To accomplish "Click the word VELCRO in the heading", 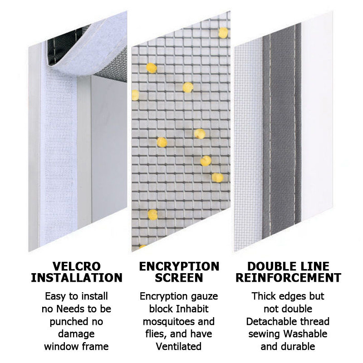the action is [76, 266].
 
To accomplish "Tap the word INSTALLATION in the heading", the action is [77, 278].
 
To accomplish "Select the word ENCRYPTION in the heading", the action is [179, 266].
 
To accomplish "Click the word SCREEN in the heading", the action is [179, 278].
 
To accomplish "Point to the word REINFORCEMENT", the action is [288, 278].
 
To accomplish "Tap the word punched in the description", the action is [69, 322].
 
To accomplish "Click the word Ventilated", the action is [179, 347].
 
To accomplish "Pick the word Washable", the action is [305, 334].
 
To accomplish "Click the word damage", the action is [76, 334].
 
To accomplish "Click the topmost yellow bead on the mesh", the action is [223, 33].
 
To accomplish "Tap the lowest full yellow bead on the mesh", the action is [152, 215].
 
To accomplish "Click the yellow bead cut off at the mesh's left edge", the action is [135, 95].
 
